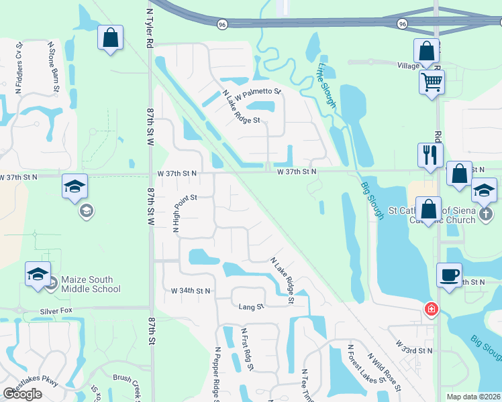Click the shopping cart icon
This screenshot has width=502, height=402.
(432, 82)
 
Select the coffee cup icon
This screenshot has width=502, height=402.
(448, 274)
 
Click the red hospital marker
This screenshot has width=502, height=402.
(431, 310)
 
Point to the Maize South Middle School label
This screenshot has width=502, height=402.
(91, 284)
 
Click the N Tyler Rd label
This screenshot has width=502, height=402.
(147, 27)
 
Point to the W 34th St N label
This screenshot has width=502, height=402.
(191, 291)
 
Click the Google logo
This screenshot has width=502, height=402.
(22, 394)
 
